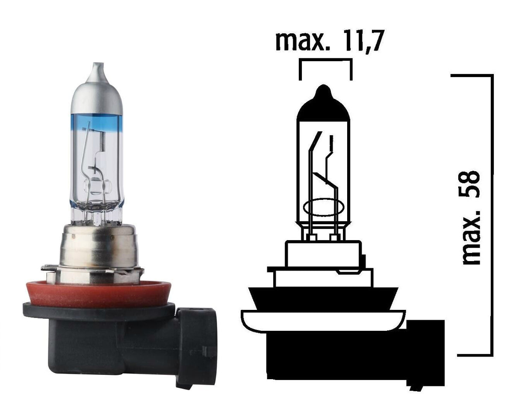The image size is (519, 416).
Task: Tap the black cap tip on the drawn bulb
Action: (x=324, y=103)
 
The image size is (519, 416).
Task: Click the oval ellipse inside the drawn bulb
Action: (x=324, y=207)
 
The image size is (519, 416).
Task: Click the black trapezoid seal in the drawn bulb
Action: (x=324, y=299)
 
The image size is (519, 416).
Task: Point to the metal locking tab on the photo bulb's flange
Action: (x=130, y=270)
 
